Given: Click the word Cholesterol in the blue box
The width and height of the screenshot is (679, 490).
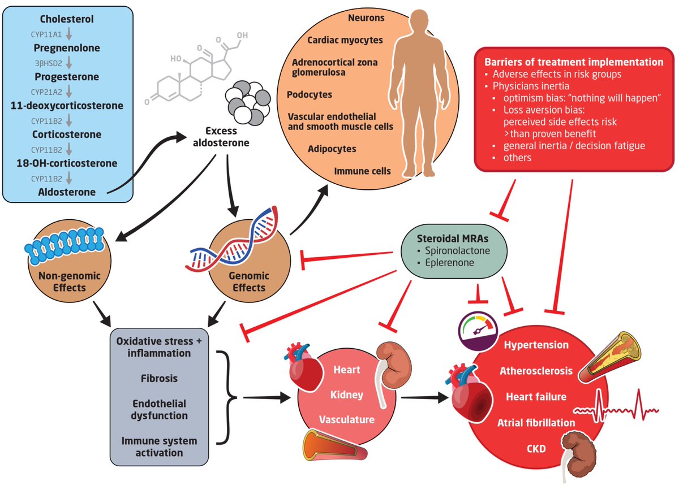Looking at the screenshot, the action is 67,19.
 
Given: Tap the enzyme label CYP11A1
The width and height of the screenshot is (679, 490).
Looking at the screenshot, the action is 46,34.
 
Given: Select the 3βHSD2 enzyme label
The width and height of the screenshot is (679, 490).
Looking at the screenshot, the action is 49,63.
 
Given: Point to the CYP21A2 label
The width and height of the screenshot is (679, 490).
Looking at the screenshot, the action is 46,92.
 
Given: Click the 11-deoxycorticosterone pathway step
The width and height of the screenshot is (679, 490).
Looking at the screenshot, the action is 67,106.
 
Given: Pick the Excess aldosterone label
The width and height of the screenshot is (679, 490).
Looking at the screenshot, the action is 221,137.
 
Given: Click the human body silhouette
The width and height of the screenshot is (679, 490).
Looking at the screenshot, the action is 419,93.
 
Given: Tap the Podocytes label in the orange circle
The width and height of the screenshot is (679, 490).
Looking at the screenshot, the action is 309,94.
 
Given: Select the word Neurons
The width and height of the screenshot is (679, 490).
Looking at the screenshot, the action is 366,18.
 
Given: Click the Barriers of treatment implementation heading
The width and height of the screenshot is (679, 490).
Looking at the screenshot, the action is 574,62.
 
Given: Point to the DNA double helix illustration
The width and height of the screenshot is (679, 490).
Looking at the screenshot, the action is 232,239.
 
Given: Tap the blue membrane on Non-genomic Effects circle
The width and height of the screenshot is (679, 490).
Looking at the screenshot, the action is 65,245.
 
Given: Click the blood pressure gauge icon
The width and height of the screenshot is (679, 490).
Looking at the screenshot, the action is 478,331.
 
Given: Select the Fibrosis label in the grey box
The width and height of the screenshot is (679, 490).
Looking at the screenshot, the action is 159,378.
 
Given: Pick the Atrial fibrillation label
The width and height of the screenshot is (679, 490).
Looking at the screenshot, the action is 536,423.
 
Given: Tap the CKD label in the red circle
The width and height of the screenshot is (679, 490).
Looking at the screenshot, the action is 536,449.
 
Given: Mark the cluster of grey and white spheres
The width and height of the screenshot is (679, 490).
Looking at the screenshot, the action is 248,103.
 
